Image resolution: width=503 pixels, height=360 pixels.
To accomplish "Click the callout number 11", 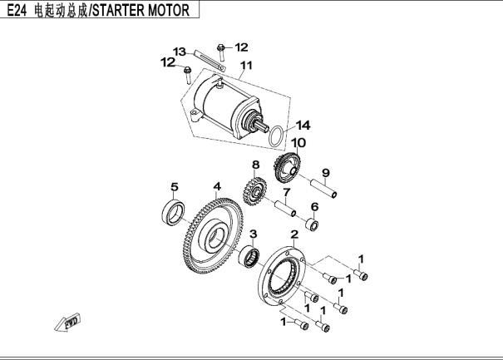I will (245, 66).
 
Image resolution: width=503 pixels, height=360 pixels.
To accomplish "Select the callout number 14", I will (303, 126).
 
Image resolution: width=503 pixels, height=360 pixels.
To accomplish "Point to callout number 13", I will (179, 52).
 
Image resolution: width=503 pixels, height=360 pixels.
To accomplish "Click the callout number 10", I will (298, 142).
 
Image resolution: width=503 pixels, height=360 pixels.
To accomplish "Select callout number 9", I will (326, 173).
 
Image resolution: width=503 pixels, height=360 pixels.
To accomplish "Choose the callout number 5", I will (175, 185).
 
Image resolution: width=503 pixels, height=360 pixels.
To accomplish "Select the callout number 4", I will (216, 186).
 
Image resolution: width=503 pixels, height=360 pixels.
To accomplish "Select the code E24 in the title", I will (16, 11).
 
